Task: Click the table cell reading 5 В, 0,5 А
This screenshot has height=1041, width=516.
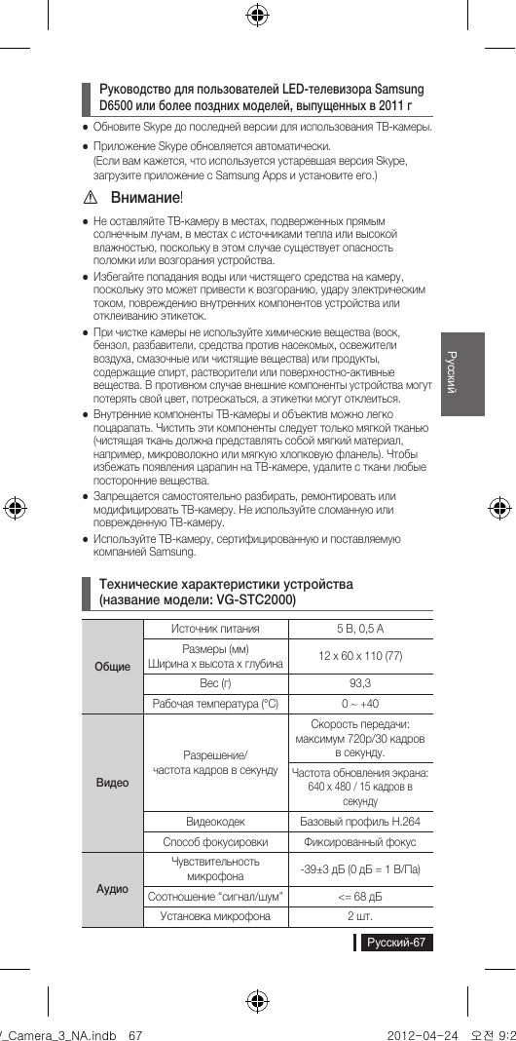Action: click(x=359, y=629)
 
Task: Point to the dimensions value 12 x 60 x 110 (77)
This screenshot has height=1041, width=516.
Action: click(x=359, y=656)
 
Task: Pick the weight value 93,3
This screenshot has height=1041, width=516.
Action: click(x=359, y=683)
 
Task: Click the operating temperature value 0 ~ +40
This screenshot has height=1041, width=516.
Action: click(x=359, y=704)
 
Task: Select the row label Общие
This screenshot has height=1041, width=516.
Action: click(x=112, y=667)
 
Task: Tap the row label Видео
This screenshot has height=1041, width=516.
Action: click(x=112, y=783)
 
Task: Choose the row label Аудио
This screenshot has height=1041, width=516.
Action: click(x=112, y=889)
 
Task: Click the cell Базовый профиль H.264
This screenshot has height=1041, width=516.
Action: click(x=359, y=822)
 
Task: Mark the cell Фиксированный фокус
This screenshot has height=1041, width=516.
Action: click(x=359, y=841)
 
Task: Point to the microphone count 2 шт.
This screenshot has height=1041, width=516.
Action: click(x=359, y=916)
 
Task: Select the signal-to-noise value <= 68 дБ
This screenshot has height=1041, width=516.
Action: click(x=359, y=896)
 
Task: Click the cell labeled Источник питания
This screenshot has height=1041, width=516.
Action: click(x=215, y=629)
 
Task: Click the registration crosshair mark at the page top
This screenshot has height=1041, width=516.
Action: click(x=257, y=14)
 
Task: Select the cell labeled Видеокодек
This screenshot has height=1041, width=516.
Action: click(x=215, y=822)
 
